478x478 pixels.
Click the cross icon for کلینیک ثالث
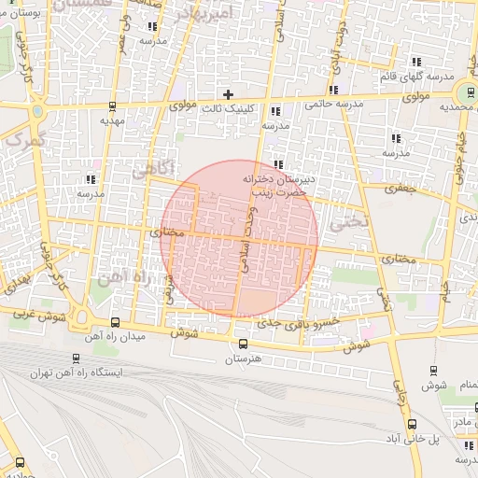(228, 94)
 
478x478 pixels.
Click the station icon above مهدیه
(113, 106)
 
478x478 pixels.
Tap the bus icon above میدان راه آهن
(114, 320)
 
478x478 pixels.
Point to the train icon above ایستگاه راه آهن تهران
(75, 358)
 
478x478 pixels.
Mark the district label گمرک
(23, 140)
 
